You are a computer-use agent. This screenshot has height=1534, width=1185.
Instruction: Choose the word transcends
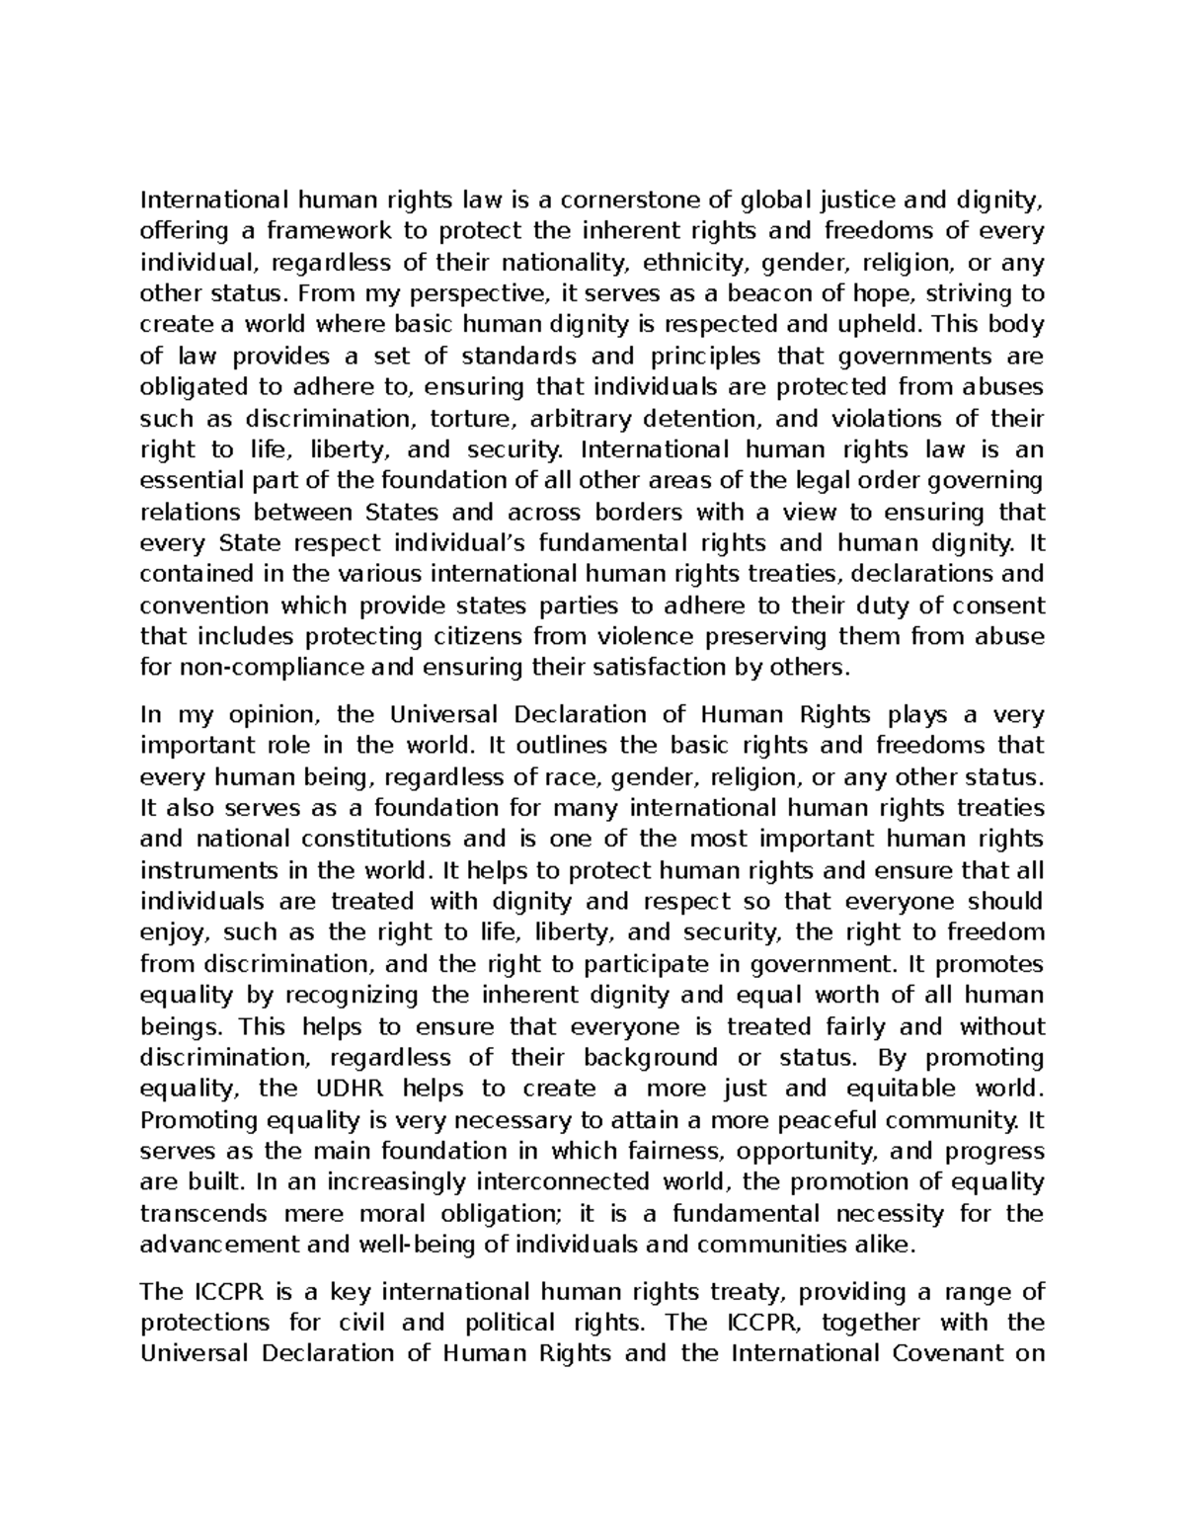pyautogui.click(x=203, y=1213)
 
